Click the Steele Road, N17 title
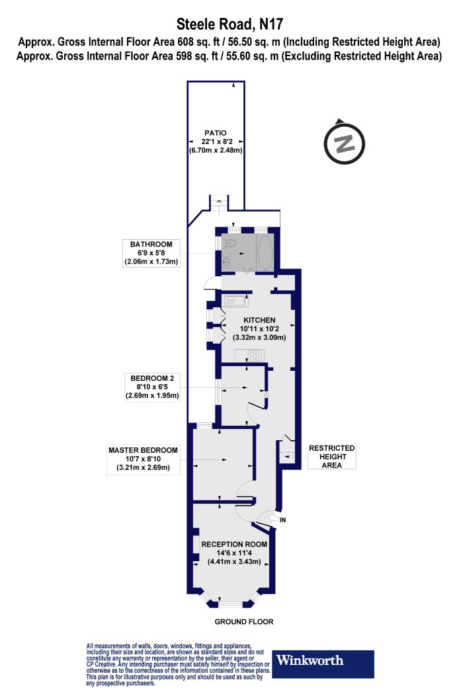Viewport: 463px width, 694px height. pyautogui.click(x=230, y=24)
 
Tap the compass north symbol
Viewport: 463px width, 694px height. pyautogui.click(x=344, y=143)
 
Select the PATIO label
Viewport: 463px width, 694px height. pyautogui.click(x=216, y=133)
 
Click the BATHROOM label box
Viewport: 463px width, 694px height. pyautogui.click(x=151, y=252)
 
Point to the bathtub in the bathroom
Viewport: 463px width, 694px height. pyautogui.click(x=265, y=252)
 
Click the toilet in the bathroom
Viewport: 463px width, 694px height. pyautogui.click(x=228, y=243)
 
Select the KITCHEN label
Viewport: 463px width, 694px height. pyautogui.click(x=259, y=320)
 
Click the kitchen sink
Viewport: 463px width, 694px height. pyautogui.click(x=235, y=301)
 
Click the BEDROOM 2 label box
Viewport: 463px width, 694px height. pyautogui.click(x=152, y=387)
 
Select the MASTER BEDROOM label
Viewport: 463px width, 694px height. pyautogui.click(x=143, y=450)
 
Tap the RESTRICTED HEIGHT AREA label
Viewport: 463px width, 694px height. pyautogui.click(x=332, y=456)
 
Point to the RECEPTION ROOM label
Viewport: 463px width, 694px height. pyautogui.click(x=234, y=544)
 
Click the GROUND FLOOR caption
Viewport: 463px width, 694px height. pyautogui.click(x=244, y=621)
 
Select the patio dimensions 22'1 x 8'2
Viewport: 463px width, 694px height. pyautogui.click(x=216, y=141)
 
